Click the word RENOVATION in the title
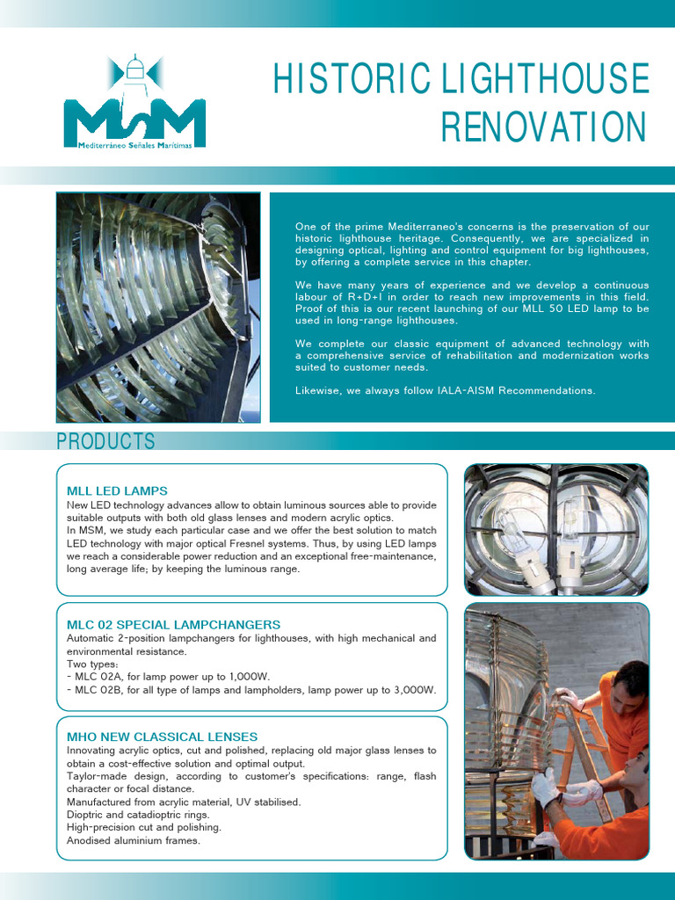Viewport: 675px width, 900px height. tap(543, 127)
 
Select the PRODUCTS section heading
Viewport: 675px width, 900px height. tap(105, 441)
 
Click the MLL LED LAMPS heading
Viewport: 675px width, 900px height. tap(117, 490)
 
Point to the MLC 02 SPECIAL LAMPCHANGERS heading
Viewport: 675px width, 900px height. tap(173, 624)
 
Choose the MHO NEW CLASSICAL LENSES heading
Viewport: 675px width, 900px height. tap(162, 736)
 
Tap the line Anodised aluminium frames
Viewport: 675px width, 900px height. tap(134, 840)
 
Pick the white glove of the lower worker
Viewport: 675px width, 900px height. tap(545, 787)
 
